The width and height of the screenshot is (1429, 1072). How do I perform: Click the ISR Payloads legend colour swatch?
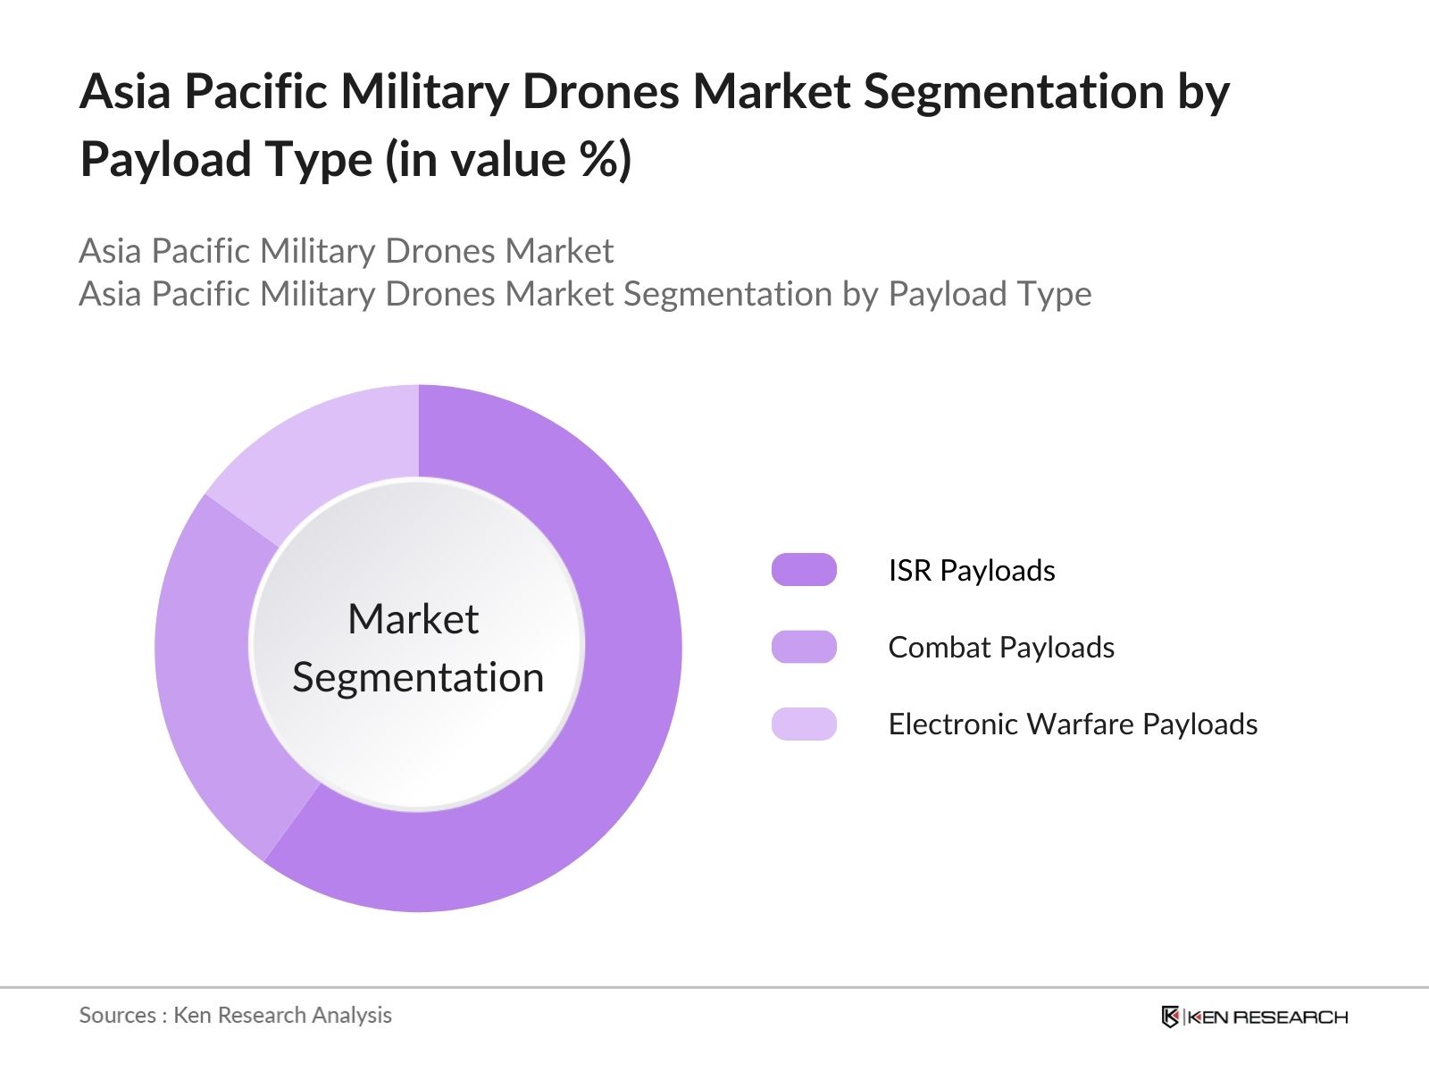pos(804,570)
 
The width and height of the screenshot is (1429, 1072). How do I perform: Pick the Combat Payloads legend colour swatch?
pos(804,647)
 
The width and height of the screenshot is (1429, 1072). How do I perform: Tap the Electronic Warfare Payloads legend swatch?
pos(804,724)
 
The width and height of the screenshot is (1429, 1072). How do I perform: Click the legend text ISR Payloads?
pos(971,570)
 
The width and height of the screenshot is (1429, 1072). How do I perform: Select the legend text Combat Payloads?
pos(1000,647)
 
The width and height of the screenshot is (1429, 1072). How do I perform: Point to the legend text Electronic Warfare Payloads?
pos(1072,724)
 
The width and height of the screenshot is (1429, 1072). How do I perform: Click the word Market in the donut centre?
pos(413,619)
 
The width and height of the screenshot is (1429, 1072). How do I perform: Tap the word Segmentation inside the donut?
pos(418,677)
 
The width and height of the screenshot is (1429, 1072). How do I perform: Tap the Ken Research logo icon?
pos(1170,1017)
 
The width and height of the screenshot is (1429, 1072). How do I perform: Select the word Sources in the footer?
pos(117,1015)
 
